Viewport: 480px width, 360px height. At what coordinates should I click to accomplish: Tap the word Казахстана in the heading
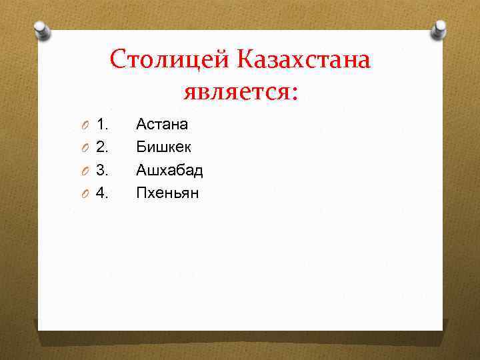click(302, 60)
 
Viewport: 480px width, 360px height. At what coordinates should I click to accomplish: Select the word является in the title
click(234, 90)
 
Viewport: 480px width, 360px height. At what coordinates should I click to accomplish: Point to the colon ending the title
click(294, 93)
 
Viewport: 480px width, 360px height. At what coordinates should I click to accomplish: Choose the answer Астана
click(162, 124)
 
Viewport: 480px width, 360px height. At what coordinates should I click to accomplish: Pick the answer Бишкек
click(164, 147)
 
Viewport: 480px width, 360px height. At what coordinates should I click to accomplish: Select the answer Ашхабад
click(169, 170)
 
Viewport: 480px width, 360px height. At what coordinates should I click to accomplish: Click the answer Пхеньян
click(167, 193)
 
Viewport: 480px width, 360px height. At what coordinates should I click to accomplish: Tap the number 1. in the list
click(103, 124)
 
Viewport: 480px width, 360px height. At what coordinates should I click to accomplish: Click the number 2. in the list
click(103, 147)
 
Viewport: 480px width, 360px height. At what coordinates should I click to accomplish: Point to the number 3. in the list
click(103, 170)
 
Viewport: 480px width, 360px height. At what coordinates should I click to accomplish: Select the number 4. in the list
click(103, 193)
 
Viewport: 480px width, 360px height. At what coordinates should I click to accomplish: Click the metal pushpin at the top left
click(42, 29)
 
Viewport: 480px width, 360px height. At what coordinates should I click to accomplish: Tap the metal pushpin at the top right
click(439, 29)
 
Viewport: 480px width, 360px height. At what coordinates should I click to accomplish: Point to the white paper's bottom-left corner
click(39, 329)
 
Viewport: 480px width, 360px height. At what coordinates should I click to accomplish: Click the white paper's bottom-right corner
click(442, 329)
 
